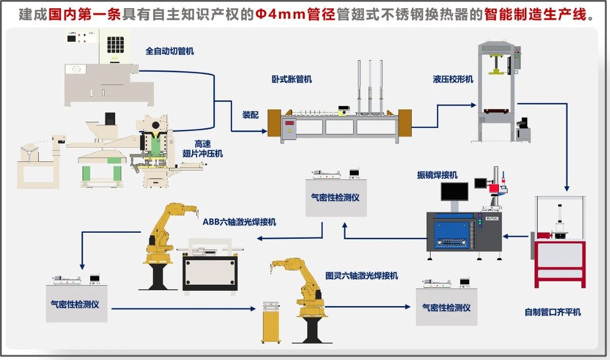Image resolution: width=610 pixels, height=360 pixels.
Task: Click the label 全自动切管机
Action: tap(170, 51)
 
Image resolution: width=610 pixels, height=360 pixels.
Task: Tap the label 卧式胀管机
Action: tap(291, 79)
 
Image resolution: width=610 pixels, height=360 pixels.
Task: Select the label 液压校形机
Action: tap(453, 79)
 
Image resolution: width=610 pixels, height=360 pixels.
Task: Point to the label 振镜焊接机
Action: tap(437, 175)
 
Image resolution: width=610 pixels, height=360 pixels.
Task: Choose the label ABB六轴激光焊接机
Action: tap(240, 221)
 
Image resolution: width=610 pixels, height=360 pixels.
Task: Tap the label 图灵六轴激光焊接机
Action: tap(362, 275)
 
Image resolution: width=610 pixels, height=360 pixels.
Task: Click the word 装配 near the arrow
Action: tap(250, 115)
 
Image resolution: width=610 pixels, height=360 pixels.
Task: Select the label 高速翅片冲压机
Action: tap(202, 149)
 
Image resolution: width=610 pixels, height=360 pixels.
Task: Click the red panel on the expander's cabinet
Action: tap(290, 123)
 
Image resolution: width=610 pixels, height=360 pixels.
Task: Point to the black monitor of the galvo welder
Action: tap(455, 191)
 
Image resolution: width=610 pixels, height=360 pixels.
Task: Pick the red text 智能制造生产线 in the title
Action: tap(540, 15)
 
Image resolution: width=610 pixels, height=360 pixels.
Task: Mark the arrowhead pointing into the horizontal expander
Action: tap(264, 131)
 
